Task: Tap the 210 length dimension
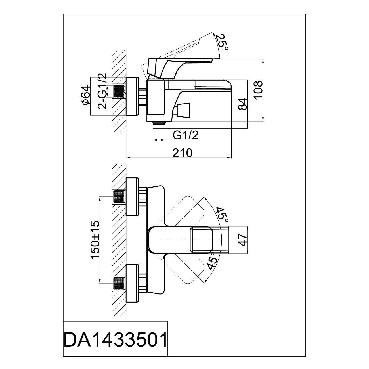pos(182,153)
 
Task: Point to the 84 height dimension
pos(242,104)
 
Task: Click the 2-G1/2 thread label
pos(103,91)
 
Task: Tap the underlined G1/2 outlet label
pos(186,136)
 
